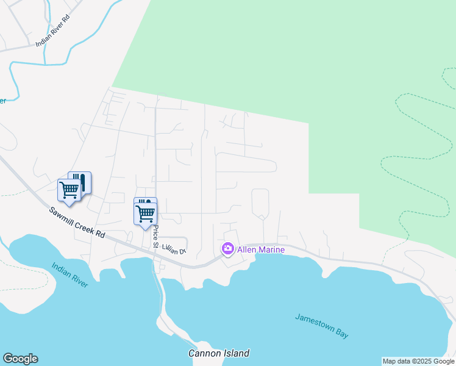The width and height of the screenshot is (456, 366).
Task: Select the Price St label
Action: tap(156, 237)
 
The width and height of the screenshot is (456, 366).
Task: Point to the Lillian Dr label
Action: tap(173, 250)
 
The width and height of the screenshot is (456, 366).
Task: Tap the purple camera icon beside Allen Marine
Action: tap(228, 248)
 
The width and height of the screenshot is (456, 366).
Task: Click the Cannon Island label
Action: tap(218, 353)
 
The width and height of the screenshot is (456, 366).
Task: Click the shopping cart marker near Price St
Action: tap(145, 213)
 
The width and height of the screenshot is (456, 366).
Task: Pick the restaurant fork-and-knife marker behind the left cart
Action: tap(82, 181)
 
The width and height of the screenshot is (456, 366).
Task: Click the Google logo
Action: tap(20, 359)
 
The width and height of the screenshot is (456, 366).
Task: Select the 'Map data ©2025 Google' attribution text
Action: tap(418, 361)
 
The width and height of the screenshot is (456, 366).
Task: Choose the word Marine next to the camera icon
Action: tap(271, 249)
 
